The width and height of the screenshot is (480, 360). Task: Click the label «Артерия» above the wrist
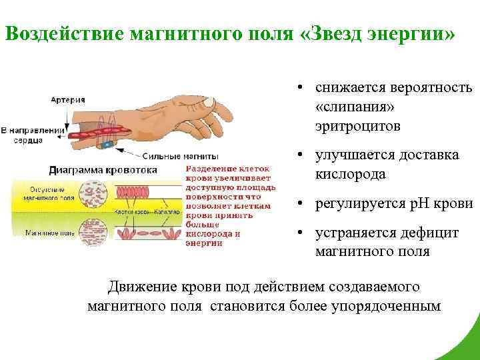tap(68, 100)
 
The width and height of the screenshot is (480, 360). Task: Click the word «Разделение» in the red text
tap(208, 170)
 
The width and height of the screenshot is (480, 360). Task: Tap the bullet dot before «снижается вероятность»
tap(301, 88)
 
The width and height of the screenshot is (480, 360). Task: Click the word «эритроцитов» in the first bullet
tap(359, 125)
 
